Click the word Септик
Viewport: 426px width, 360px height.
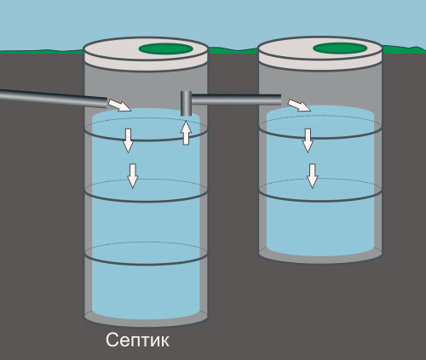point(138,340)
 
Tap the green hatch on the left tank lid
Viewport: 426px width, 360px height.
point(166,49)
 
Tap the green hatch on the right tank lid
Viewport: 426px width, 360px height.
point(340,49)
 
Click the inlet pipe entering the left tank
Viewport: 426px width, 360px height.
point(54,98)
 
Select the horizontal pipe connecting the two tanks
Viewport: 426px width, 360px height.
point(236,100)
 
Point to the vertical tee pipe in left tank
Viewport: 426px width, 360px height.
point(187,104)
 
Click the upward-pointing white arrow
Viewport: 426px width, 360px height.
point(186,133)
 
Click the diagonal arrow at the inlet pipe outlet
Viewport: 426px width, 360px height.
point(119,106)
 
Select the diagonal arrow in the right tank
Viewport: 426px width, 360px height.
point(299,106)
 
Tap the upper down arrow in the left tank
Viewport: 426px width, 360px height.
point(128,140)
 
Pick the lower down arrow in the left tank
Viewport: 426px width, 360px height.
point(133,176)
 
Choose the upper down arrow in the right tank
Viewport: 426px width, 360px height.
point(308,140)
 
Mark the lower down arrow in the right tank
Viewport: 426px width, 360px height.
point(313,176)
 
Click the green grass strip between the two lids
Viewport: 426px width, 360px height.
point(233,50)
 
